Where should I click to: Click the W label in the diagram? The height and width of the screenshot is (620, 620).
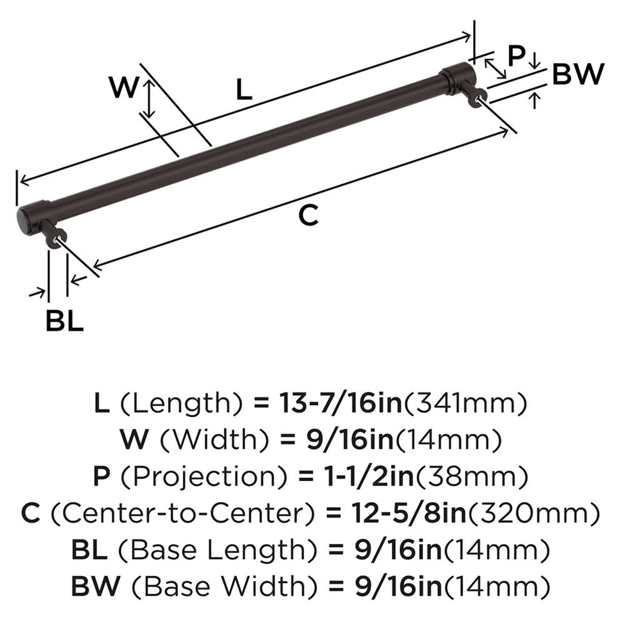(x=123, y=88)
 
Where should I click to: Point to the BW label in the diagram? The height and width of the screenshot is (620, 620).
(x=577, y=75)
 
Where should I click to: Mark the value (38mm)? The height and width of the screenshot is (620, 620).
(x=472, y=477)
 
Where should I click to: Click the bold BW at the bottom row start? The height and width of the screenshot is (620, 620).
(x=94, y=585)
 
